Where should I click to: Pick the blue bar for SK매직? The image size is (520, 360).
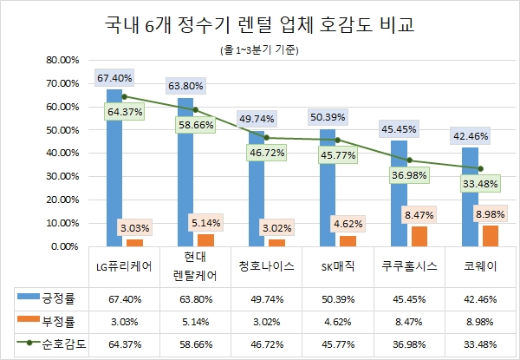328,187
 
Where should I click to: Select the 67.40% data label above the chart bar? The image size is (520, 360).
114,77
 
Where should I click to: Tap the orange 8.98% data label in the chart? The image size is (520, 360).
490,213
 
